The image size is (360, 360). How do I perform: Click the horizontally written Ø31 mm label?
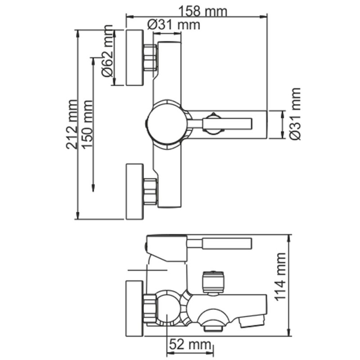pyautogui.click(x=173, y=25)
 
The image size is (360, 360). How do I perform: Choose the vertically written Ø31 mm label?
pyautogui.click(x=296, y=114)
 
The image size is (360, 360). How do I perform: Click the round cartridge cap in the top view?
pyautogui.click(x=165, y=123)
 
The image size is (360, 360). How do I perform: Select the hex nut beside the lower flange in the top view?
pyautogui.click(x=150, y=192)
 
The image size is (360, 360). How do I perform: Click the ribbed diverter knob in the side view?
pyautogui.click(x=213, y=282)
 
